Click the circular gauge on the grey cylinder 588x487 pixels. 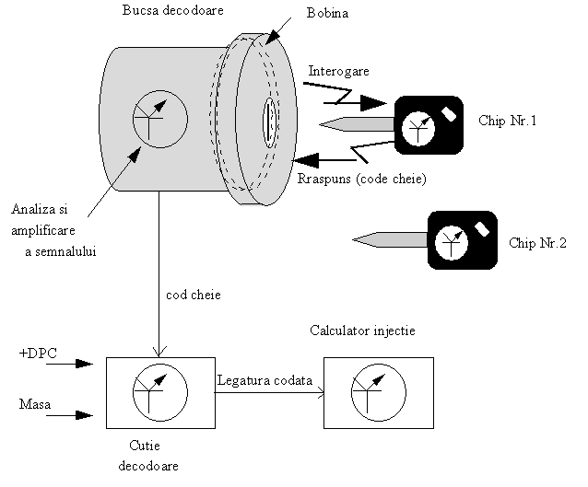[160, 119]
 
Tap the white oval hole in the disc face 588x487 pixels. [269, 123]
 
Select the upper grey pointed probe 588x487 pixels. [359, 124]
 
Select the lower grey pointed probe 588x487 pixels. [393, 240]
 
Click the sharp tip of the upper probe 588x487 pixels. [323, 124]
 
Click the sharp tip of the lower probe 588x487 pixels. [357, 240]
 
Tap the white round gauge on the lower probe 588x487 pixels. [451, 243]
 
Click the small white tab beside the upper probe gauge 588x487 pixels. [449, 113]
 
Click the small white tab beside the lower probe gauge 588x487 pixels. [481, 228]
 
